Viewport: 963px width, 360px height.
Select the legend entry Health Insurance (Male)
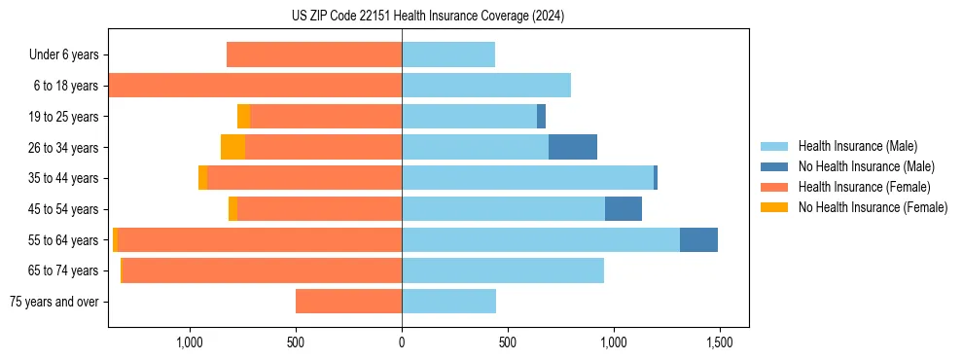[852, 147]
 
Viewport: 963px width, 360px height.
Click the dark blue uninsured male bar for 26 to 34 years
[573, 147]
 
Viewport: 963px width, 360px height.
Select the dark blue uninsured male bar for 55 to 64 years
[698, 239]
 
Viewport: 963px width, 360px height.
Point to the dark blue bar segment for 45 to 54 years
[624, 208]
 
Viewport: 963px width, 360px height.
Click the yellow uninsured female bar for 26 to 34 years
[232, 147]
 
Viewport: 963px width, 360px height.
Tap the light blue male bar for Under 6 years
[448, 54]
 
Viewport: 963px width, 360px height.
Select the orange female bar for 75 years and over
[348, 302]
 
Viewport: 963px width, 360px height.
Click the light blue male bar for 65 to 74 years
[503, 270]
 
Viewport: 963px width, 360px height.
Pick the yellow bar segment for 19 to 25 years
[243, 117]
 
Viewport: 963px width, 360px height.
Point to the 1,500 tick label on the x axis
[719, 343]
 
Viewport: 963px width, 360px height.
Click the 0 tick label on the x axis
[402, 343]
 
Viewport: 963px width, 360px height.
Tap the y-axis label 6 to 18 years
[65, 86]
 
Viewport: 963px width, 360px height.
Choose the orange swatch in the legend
[774, 187]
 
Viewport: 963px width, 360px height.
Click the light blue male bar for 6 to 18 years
[486, 86]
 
